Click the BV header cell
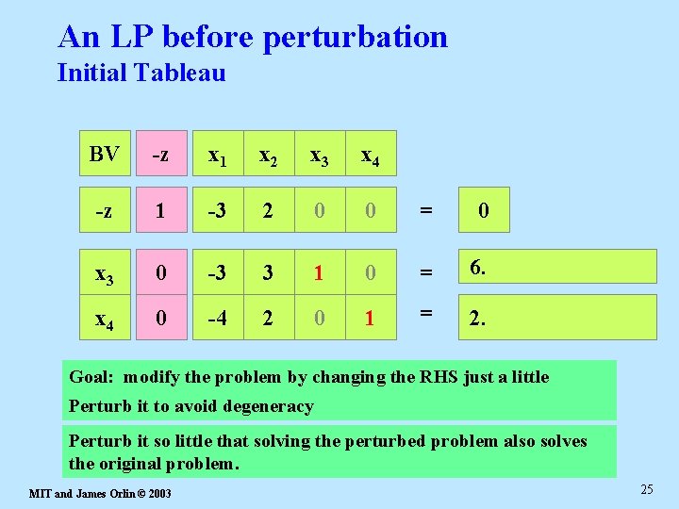[105, 155]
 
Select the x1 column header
[217, 156]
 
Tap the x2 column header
[269, 156]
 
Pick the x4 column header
[371, 156]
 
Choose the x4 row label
[105, 318]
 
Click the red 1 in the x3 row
[320, 271]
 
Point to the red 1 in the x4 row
[371, 318]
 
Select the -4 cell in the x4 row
[217, 318]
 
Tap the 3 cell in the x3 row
[269, 271]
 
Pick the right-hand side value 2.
[478, 319]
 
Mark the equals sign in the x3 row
[426, 271]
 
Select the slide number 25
[646, 488]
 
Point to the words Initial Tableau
[141, 73]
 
